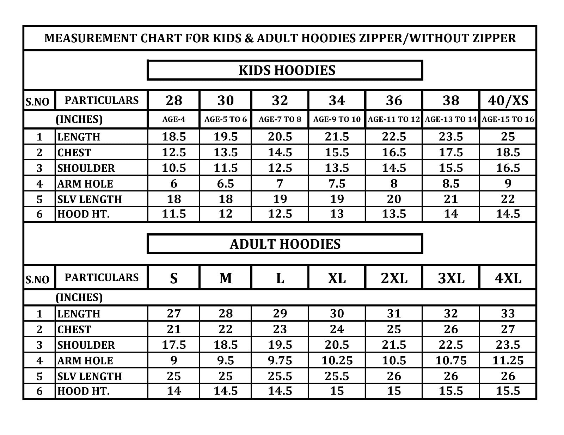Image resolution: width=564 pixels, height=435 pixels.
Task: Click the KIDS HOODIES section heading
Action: point(287,70)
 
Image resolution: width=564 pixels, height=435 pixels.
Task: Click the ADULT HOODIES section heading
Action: point(285,244)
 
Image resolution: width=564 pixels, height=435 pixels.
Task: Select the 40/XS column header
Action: point(508,101)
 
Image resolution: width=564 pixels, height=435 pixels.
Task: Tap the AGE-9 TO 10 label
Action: point(337,119)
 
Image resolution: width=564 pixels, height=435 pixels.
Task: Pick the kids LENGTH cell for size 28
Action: point(174,137)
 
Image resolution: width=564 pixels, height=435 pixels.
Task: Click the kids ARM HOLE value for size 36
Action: point(394,183)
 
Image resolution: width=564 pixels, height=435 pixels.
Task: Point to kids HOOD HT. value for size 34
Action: point(337,214)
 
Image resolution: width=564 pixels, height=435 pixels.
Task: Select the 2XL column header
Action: point(394,278)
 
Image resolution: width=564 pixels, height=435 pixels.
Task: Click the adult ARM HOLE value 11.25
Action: point(508,360)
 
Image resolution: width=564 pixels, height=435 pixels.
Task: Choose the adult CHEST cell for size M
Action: point(226,329)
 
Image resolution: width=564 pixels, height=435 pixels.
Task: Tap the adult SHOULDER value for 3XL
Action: point(451,345)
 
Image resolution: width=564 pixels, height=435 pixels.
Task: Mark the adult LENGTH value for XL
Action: point(337,313)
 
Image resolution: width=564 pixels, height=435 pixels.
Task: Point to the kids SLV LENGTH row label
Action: point(90,199)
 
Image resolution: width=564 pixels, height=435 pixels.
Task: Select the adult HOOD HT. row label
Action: point(84,391)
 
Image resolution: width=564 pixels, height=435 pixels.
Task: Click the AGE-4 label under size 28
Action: point(174,119)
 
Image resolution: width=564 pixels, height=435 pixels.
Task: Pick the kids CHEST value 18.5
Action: point(508,152)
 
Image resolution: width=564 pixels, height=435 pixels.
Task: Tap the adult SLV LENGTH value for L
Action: point(280,376)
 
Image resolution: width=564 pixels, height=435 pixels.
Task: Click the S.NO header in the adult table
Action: point(37,279)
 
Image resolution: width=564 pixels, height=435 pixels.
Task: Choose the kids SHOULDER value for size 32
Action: point(280,168)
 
